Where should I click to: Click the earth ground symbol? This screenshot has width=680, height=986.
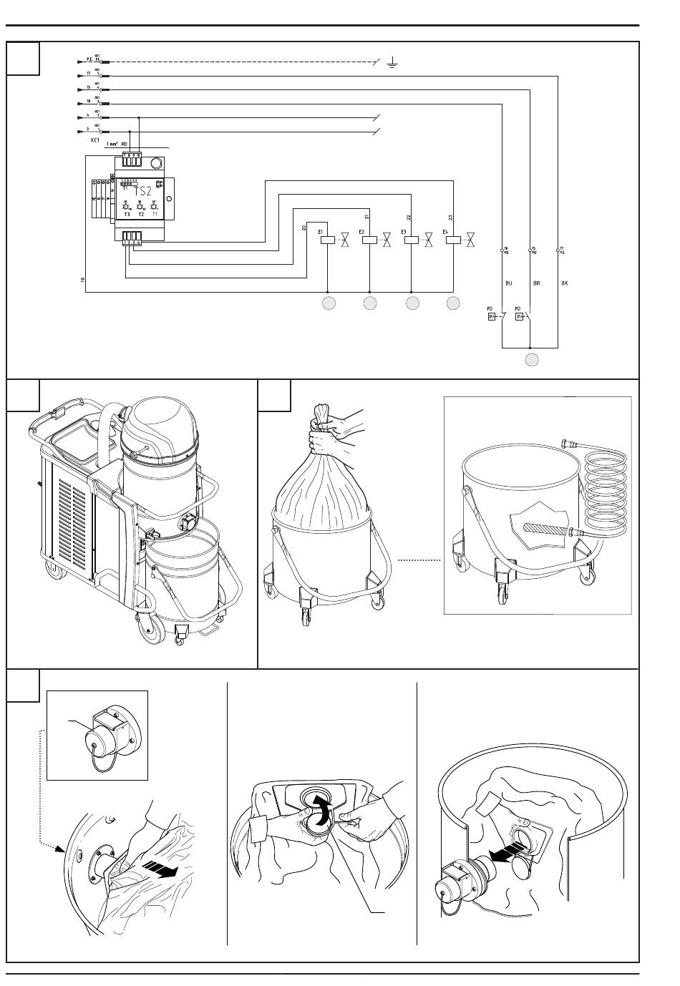pos(392,63)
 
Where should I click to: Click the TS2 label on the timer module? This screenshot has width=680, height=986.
pos(143,191)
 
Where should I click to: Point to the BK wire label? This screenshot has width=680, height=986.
pos(565,283)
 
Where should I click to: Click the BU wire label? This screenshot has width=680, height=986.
pos(509,283)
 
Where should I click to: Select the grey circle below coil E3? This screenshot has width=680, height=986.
pos(412,304)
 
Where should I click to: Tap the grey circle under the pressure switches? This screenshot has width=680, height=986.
pos(530,359)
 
